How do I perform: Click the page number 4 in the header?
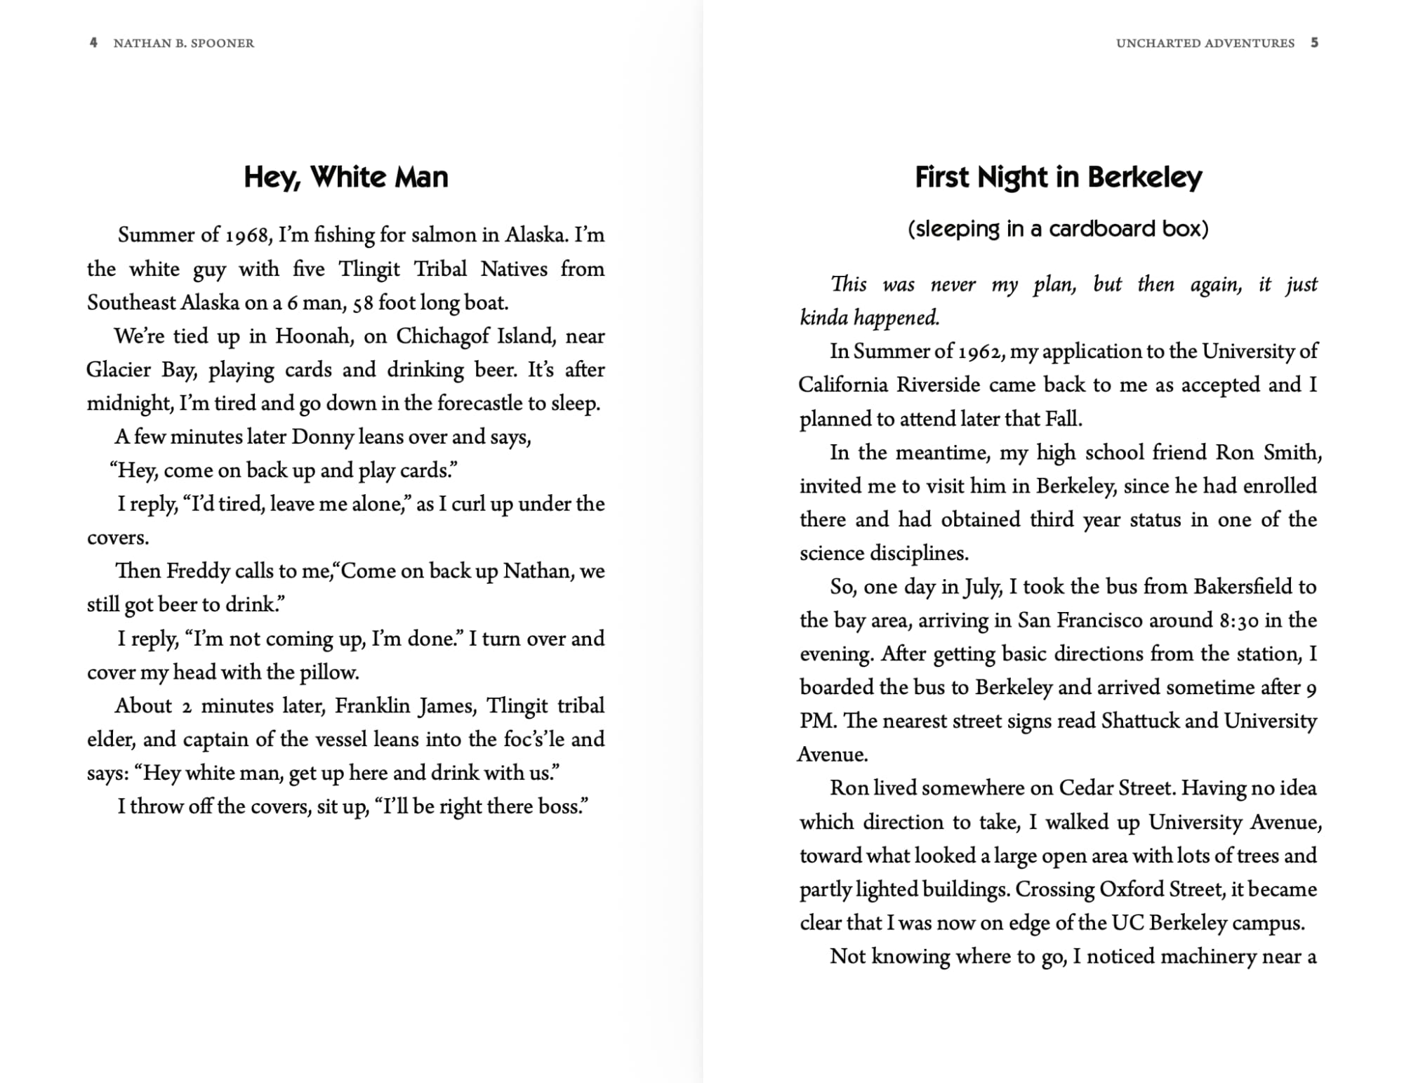pyautogui.click(x=93, y=43)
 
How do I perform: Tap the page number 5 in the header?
pyautogui.click(x=1314, y=43)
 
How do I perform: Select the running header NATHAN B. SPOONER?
pyautogui.click(x=184, y=44)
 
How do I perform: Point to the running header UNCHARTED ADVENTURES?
pyautogui.click(x=1205, y=44)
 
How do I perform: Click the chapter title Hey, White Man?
pyautogui.click(x=345, y=178)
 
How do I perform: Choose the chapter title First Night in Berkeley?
pyautogui.click(x=1058, y=178)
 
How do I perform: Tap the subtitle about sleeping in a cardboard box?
pyautogui.click(x=1058, y=230)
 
